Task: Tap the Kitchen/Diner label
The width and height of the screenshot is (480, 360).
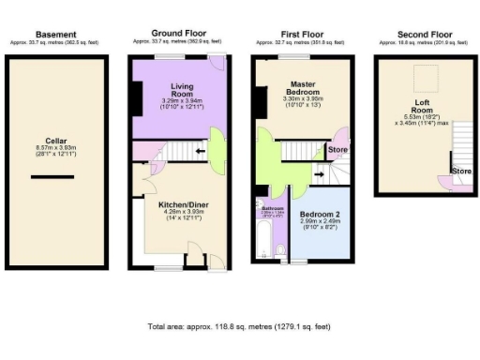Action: (176, 203)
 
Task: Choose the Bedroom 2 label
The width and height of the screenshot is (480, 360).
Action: (322, 215)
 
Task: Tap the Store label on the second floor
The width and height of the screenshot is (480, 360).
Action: (460, 172)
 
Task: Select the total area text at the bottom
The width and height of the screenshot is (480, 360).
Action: (239, 326)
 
